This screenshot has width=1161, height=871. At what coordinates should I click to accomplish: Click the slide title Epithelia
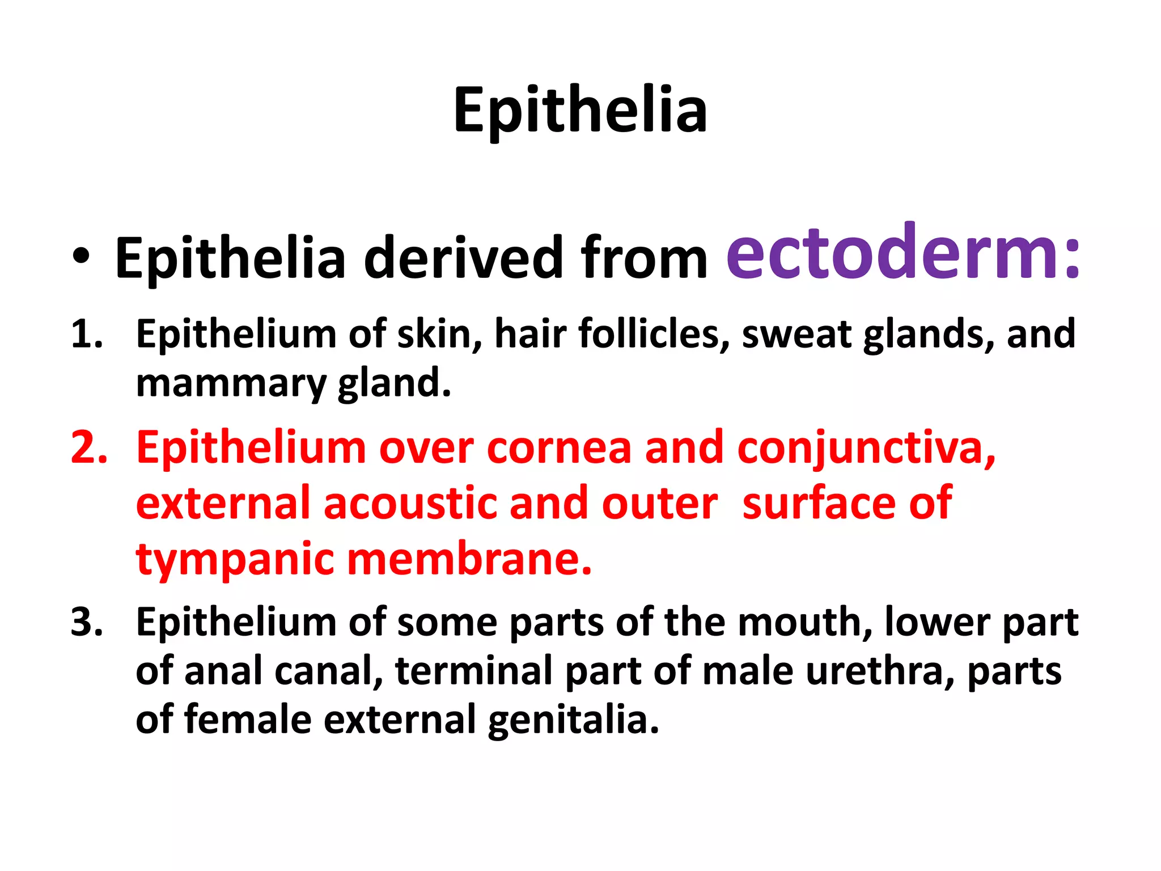580,111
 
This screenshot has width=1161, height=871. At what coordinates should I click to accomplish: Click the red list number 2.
88,448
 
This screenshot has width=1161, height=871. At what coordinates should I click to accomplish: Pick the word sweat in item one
796,334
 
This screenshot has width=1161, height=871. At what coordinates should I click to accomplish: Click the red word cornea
559,448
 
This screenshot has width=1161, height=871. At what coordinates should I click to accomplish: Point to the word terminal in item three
474,671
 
